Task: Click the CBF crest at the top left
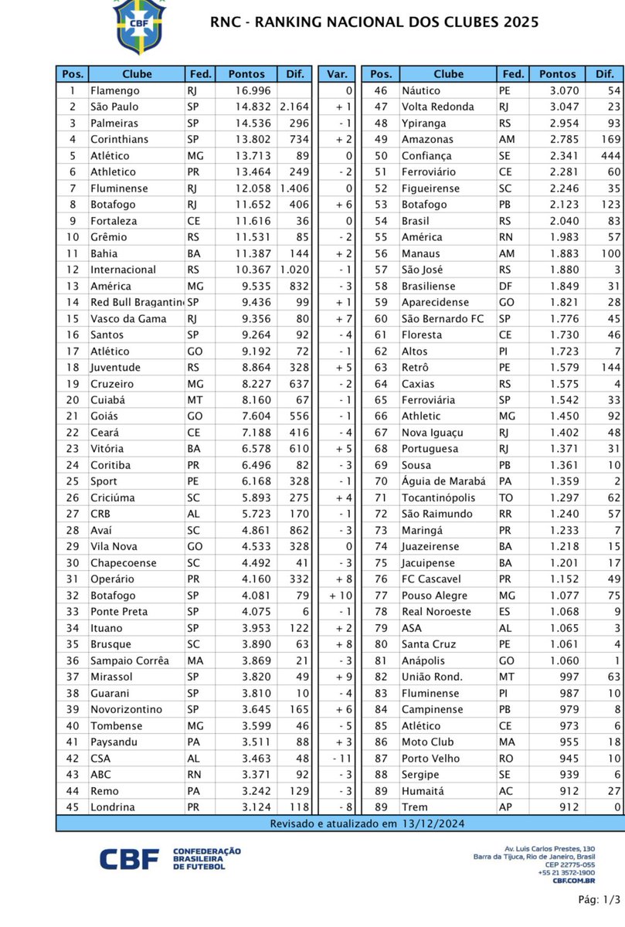tap(140, 25)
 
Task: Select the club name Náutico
tap(421, 90)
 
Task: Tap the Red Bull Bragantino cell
tap(136, 302)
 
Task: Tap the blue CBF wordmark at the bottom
tap(129, 858)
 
